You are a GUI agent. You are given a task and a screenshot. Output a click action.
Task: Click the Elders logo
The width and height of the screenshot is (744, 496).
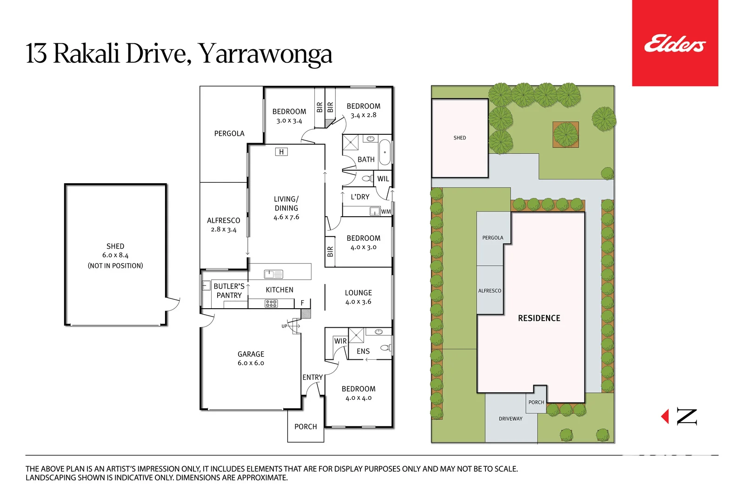[x=675, y=43]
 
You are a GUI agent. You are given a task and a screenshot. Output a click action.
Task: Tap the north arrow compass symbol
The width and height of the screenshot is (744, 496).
[x=681, y=417]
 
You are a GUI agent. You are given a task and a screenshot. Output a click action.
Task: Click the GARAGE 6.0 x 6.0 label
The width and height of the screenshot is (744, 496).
[x=251, y=358]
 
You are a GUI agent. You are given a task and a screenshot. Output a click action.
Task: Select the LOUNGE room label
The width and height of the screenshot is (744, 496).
[x=358, y=293]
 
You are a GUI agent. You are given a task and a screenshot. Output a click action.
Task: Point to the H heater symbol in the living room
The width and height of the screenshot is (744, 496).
[x=281, y=152]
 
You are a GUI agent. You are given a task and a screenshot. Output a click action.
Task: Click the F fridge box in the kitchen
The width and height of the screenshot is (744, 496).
[x=302, y=303]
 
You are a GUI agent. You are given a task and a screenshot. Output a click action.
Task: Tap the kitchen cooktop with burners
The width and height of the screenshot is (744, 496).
[x=271, y=304]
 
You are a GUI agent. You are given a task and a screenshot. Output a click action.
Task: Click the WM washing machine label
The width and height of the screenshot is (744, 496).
[x=386, y=212]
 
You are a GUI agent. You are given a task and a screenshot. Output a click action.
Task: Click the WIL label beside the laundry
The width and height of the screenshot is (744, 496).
[x=383, y=179]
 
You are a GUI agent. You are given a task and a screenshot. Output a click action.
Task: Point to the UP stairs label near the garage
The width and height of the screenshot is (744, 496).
[x=284, y=326]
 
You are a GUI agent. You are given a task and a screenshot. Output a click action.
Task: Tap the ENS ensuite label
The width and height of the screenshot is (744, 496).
[x=363, y=351]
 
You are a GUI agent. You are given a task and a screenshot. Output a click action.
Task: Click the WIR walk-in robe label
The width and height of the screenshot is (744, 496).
[x=340, y=341]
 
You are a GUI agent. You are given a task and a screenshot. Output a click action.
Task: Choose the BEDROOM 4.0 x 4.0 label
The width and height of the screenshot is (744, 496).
[x=359, y=393]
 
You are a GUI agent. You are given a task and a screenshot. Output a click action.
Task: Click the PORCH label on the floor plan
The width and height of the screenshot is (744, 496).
[x=306, y=427]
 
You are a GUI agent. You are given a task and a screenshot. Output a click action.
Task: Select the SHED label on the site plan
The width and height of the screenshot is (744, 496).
[x=459, y=138]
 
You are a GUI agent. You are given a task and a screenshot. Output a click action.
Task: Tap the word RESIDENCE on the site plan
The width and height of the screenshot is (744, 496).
[x=539, y=318]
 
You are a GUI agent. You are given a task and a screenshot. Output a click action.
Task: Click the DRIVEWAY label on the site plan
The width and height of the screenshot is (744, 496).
[x=511, y=419]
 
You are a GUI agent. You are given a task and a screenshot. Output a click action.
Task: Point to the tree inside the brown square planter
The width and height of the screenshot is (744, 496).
[x=565, y=134]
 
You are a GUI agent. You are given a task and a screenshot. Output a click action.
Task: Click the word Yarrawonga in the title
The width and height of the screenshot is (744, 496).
[x=266, y=54]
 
